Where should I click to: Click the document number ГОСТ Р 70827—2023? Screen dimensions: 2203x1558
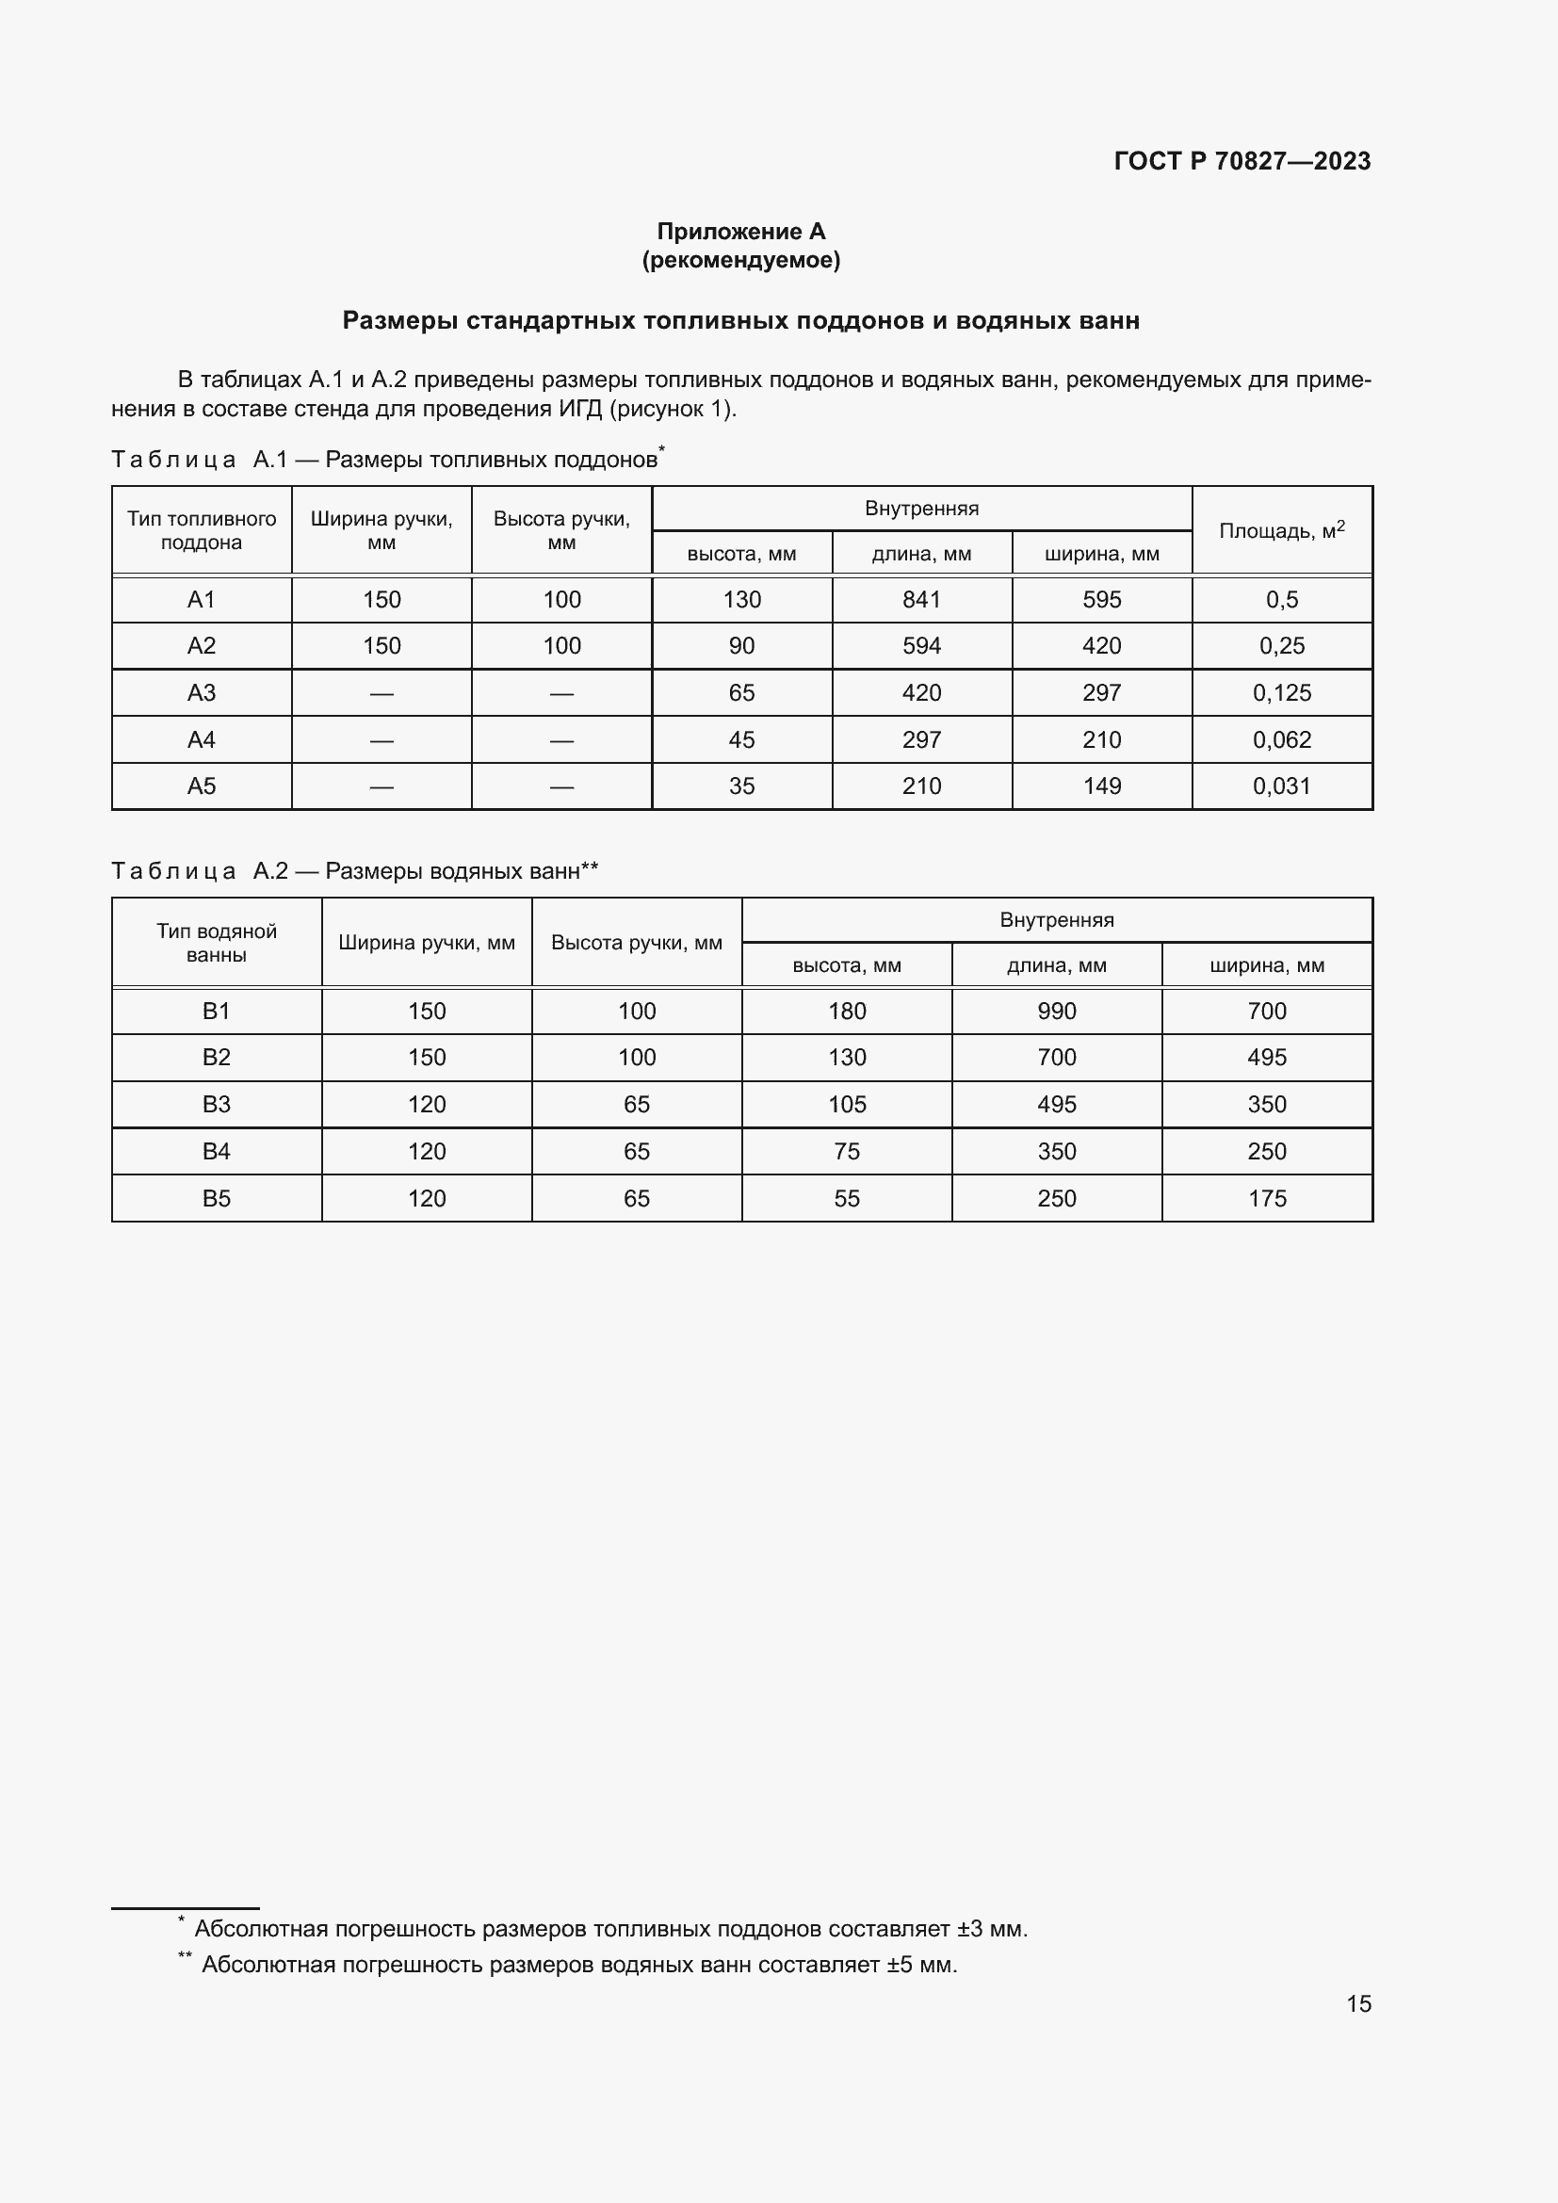tap(1242, 161)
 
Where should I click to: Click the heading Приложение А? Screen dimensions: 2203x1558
tap(740, 232)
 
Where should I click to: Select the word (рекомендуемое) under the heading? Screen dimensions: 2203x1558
tap(740, 260)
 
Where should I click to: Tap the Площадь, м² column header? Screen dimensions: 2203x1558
tap(1281, 530)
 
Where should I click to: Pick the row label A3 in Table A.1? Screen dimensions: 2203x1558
tap(202, 693)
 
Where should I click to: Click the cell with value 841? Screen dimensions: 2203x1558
tap(921, 600)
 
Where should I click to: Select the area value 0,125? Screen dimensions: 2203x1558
tap(1281, 693)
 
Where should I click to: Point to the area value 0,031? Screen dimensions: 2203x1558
tap(1281, 786)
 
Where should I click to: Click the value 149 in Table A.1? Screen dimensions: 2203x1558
tap(1101, 786)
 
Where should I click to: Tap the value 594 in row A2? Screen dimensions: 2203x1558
tap(921, 646)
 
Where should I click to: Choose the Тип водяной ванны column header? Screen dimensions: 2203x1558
tap(217, 942)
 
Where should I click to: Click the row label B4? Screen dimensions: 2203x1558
tap(217, 1151)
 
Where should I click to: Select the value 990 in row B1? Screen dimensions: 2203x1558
tap(1056, 1012)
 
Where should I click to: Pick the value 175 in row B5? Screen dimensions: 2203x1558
tap(1266, 1198)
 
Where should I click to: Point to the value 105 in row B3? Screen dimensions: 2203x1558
tap(847, 1105)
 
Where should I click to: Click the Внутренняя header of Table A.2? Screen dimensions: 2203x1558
tap(1056, 920)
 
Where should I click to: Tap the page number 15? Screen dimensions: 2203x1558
tap(1358, 2003)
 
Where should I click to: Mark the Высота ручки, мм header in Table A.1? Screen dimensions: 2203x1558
tap(561, 530)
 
